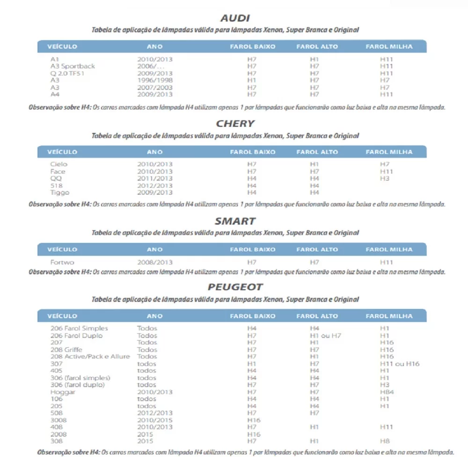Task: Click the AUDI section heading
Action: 235,18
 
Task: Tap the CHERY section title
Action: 235,124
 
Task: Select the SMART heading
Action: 235,221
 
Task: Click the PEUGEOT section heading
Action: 235,287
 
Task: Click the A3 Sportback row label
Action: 73,66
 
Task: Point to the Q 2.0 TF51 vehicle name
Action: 67,73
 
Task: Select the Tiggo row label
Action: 60,192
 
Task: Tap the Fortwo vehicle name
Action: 62,263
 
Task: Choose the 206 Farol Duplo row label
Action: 76,336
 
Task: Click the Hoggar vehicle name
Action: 63,392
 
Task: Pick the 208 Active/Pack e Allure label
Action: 90,357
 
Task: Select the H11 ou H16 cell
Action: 400,364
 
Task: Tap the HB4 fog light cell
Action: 387,392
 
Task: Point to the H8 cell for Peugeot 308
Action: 385,441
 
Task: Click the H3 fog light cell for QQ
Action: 385,178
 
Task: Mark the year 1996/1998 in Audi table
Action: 154,80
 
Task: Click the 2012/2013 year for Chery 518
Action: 154,185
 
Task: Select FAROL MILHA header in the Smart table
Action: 389,249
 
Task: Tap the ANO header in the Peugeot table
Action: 154,316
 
